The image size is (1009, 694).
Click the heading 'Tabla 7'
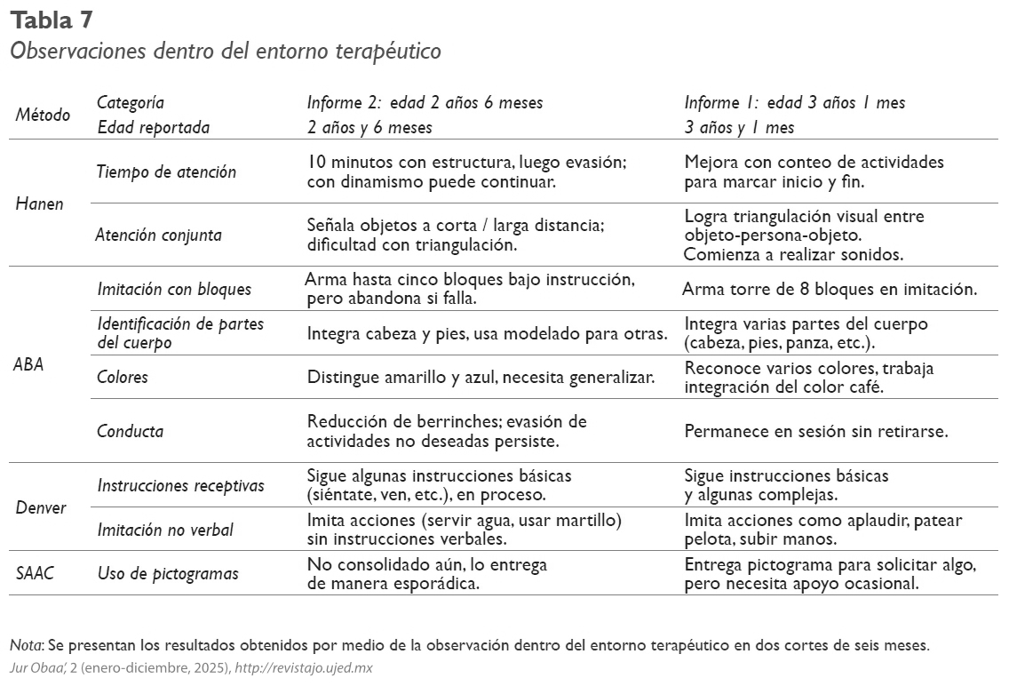[x=52, y=19]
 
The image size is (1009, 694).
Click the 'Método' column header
[x=43, y=115]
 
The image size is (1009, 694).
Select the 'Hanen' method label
[x=40, y=203]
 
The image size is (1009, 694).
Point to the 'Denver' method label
[x=41, y=508]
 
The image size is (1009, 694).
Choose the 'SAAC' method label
[x=36, y=573]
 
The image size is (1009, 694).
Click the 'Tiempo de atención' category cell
[x=166, y=172]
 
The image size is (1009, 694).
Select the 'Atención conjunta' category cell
[x=159, y=235]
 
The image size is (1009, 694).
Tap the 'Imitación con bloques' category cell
[x=174, y=289]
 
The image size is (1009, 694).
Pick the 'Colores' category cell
[x=123, y=377]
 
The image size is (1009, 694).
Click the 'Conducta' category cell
[x=130, y=431]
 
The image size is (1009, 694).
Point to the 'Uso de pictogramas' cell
[x=168, y=573]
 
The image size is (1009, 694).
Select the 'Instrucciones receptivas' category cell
[x=180, y=485]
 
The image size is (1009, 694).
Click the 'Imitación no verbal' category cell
[x=165, y=530]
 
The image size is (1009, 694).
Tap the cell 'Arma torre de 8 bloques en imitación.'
[x=829, y=289]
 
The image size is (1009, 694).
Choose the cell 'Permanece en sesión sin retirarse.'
[x=815, y=431]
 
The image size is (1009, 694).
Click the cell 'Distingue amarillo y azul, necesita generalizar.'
[x=481, y=377]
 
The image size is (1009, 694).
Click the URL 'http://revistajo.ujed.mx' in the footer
[x=303, y=668]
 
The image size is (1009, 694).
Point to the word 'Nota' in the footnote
[x=26, y=645]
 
